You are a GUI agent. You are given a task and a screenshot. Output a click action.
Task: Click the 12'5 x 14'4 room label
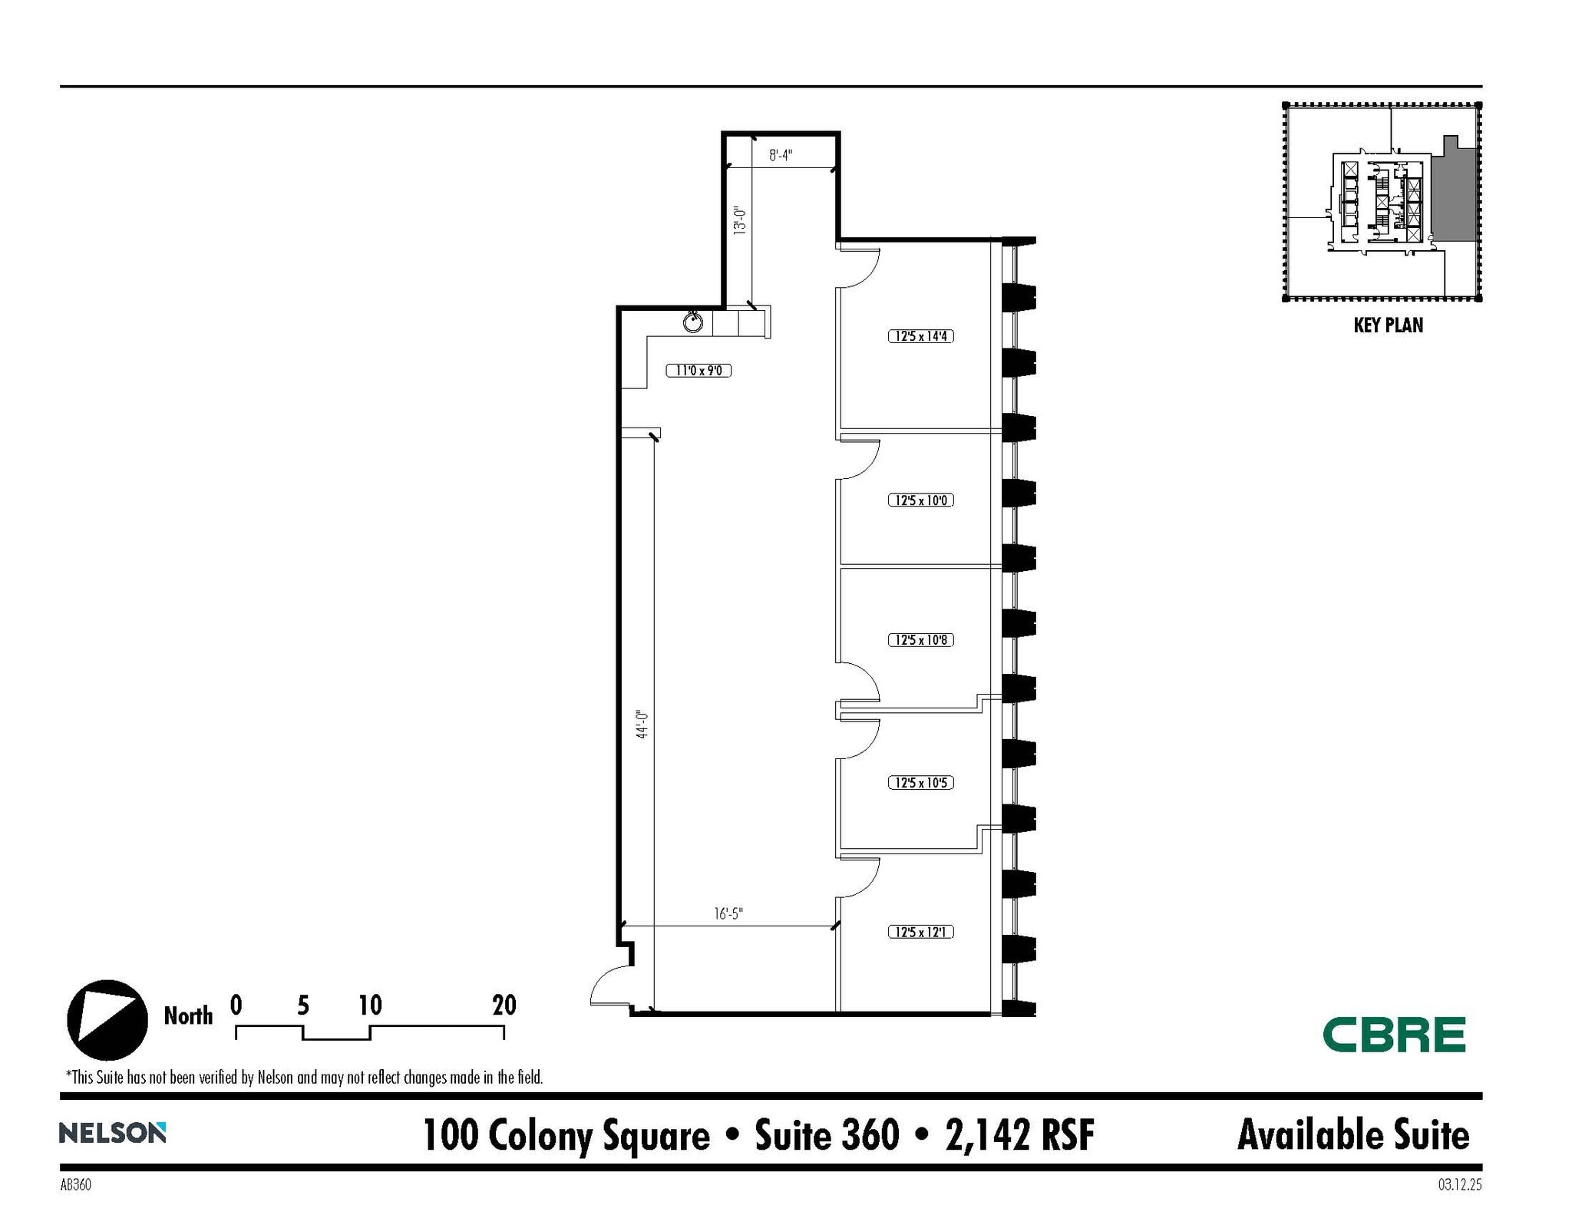920,336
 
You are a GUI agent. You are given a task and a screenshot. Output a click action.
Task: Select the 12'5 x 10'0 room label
920,500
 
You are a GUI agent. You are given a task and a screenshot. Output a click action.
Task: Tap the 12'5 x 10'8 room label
920,640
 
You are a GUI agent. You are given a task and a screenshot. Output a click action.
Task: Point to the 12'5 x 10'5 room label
920,783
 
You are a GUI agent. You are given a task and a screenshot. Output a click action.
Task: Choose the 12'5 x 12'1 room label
920,932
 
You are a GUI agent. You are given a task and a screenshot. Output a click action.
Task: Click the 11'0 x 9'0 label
698,371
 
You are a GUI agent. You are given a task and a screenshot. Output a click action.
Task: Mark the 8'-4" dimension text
781,156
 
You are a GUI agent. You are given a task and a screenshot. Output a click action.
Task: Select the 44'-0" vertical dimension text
642,724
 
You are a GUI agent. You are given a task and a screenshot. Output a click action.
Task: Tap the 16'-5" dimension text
728,913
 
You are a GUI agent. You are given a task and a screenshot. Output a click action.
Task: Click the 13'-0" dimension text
739,220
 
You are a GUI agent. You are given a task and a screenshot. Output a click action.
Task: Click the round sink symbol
693,322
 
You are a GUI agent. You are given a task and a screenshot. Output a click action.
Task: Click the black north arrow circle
107,1020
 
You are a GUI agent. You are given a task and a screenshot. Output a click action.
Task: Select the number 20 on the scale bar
504,1005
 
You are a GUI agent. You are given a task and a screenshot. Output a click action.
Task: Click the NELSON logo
112,1132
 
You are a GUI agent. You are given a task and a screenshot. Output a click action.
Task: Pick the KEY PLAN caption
1388,325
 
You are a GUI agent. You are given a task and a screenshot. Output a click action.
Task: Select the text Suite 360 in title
826,1134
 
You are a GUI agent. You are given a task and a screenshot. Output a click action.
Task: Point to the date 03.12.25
1459,1184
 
